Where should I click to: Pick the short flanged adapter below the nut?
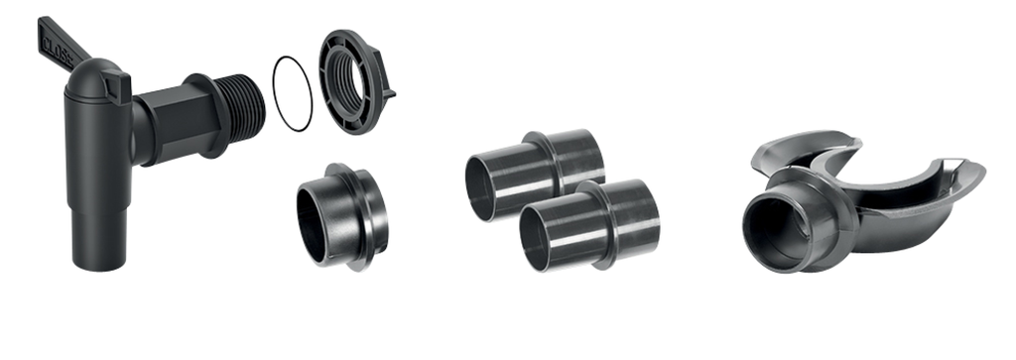342,216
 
